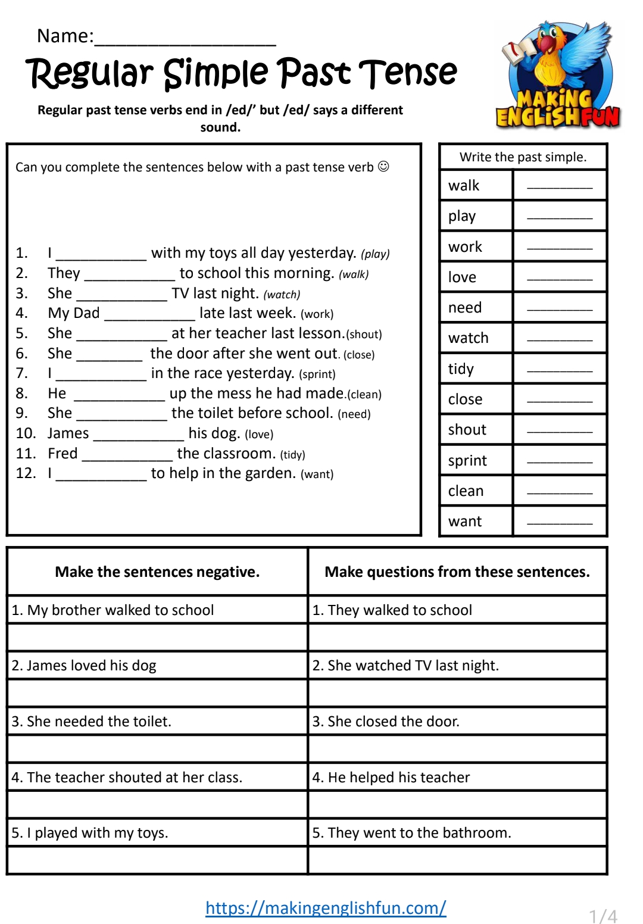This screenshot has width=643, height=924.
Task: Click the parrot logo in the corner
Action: [558, 74]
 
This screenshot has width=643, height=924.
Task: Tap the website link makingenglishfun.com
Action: [326, 907]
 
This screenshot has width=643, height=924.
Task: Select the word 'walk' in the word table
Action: [464, 186]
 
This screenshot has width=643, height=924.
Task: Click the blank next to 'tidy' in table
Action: [560, 370]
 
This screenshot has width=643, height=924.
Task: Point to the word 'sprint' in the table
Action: [467, 461]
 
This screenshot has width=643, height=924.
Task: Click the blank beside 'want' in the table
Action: [560, 522]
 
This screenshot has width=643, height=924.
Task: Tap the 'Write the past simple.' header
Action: [523, 157]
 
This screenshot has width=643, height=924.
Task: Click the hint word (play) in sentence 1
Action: [375, 254]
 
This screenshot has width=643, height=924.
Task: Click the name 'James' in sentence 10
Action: [68, 433]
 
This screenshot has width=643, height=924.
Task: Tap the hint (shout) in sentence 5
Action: [364, 334]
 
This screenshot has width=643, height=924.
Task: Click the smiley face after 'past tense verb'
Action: [384, 167]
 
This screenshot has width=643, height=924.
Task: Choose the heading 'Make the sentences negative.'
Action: [157, 572]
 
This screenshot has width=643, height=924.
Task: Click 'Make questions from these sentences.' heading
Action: [457, 572]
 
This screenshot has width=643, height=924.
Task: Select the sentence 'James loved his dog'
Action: [84, 666]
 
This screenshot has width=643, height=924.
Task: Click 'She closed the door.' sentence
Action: [386, 722]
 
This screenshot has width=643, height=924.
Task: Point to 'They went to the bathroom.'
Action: [411, 833]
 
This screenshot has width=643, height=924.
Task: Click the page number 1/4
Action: [603, 916]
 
